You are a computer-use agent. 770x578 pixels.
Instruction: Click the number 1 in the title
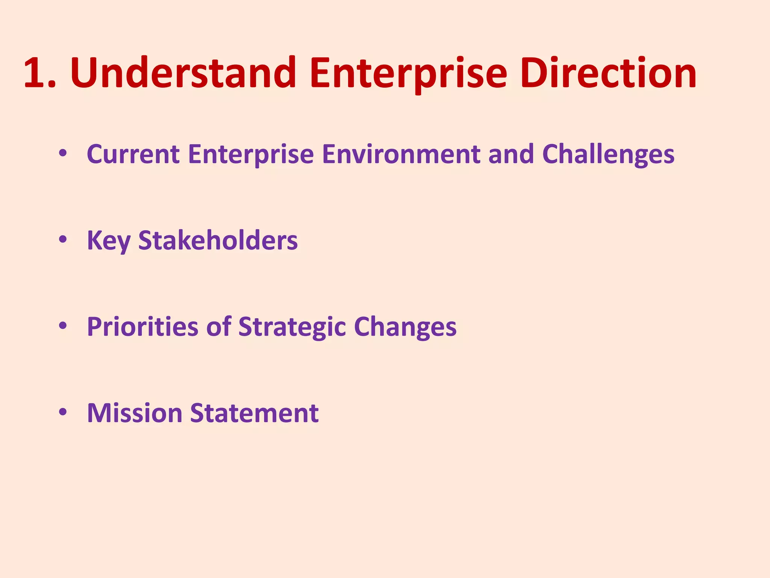[35, 73]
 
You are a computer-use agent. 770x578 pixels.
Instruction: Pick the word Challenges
[608, 154]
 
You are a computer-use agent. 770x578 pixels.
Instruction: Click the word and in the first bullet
[511, 154]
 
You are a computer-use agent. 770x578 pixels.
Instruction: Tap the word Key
[109, 241]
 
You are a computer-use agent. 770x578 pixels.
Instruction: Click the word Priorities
[142, 327]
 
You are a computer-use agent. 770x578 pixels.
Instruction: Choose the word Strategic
[292, 327]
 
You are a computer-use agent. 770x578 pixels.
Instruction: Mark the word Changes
[405, 327]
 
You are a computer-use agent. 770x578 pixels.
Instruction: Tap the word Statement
[254, 413]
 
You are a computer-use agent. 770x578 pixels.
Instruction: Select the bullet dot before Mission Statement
[63, 412]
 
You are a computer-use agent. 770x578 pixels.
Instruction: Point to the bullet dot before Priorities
[63, 326]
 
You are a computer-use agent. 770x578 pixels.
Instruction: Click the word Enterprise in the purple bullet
[251, 154]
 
